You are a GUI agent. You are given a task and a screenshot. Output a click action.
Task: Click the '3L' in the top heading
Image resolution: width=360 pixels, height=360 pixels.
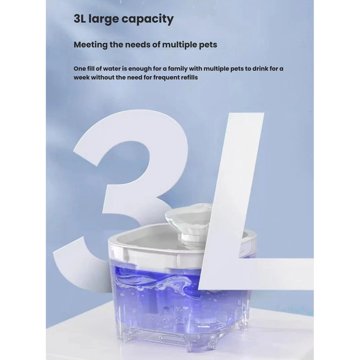(x=79, y=19)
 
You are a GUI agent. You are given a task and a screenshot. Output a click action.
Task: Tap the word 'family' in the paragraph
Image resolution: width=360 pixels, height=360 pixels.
(x=178, y=69)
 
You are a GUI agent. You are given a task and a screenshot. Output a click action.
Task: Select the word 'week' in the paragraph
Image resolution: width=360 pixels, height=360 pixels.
(x=82, y=77)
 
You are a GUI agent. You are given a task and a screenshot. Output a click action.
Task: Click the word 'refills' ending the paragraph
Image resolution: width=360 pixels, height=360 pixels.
(x=189, y=77)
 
